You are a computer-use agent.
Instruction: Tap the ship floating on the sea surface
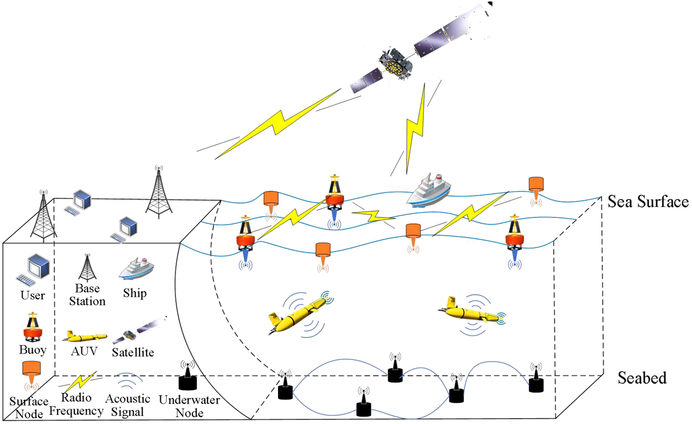(428, 190)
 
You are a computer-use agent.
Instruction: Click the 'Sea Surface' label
(648, 202)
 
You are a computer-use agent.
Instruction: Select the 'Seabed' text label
(642, 378)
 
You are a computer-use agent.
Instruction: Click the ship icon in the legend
(136, 269)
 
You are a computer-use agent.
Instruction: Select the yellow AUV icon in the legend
(84, 336)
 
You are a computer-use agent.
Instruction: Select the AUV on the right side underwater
(471, 312)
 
